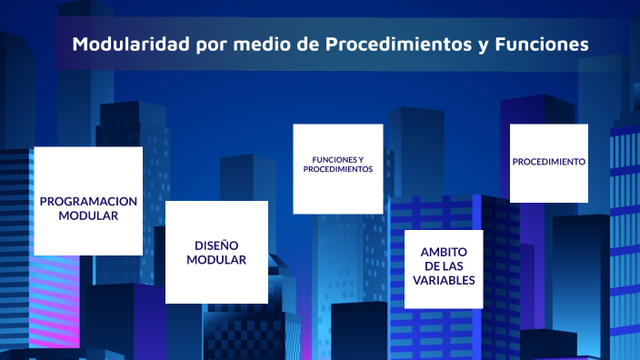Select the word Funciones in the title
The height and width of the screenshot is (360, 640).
click(x=541, y=44)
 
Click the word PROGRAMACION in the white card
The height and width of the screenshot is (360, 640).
click(x=88, y=202)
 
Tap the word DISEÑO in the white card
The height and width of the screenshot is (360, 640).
click(x=216, y=245)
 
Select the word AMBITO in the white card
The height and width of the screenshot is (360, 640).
click(x=443, y=252)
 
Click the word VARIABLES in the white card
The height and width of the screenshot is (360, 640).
click(x=443, y=281)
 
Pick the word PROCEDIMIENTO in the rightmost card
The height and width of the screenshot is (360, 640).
click(x=548, y=162)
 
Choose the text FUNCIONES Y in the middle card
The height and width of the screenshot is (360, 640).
click(x=338, y=159)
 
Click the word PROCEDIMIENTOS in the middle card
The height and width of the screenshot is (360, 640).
click(x=338, y=169)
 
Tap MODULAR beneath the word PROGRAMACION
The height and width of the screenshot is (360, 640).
click(x=88, y=216)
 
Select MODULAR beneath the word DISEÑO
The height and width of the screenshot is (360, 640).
click(x=216, y=260)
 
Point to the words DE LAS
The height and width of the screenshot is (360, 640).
click(x=443, y=266)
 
